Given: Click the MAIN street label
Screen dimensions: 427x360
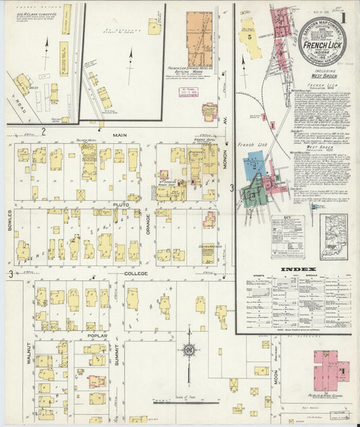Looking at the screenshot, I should (x=120, y=135).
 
